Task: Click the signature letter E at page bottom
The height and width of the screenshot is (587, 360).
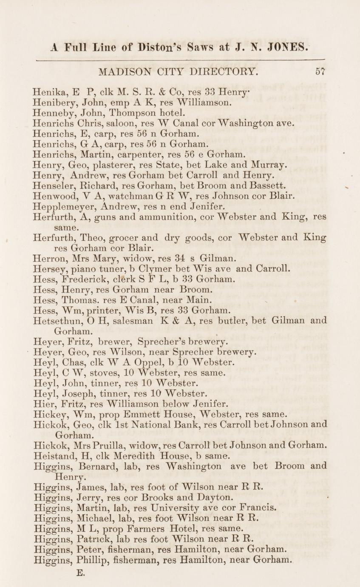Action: pyautogui.click(x=79, y=573)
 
